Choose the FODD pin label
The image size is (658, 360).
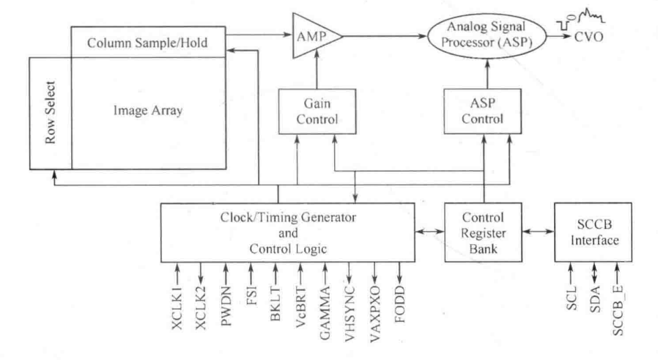pyautogui.click(x=399, y=320)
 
